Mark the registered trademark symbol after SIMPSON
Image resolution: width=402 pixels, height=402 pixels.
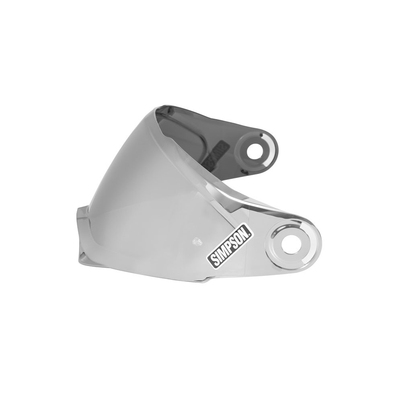click(x=251, y=228)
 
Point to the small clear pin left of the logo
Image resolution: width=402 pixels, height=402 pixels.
click(x=197, y=241)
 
